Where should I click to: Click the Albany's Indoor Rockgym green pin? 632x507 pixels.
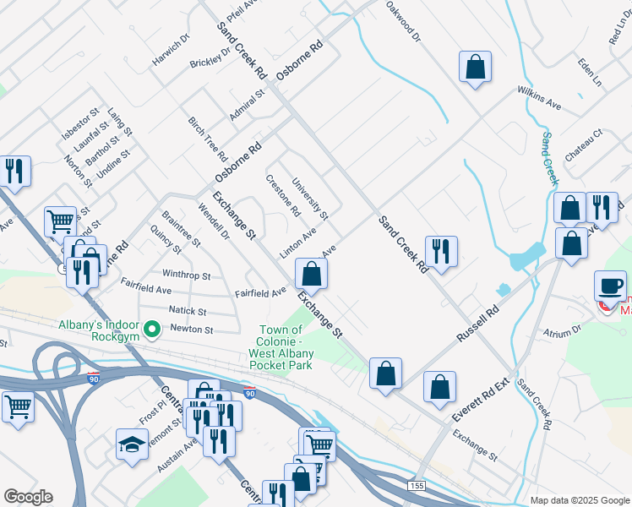(152, 328)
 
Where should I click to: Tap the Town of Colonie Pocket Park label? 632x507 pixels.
(281, 347)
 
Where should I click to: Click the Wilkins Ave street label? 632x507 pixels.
(539, 98)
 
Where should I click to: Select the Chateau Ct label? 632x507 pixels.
(583, 146)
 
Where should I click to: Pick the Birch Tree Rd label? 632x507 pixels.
(208, 139)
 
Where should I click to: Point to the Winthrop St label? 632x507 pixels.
(186, 275)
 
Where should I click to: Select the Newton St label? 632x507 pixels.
(192, 329)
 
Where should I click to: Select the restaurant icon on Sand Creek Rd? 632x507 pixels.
(441, 251)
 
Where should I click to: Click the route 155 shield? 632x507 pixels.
(415, 486)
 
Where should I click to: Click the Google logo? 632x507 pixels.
(28, 497)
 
